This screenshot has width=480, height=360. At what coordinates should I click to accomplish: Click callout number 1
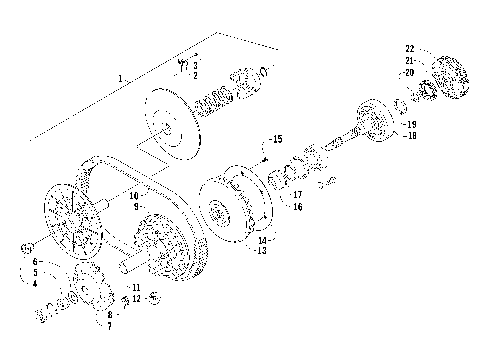click(122, 77)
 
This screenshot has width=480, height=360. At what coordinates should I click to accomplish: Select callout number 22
click(410, 49)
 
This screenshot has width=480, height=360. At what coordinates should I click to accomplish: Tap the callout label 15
click(277, 138)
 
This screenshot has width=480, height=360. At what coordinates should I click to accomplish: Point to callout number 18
click(410, 134)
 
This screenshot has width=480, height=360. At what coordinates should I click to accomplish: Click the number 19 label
click(410, 124)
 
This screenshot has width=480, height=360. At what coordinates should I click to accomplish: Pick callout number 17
click(297, 196)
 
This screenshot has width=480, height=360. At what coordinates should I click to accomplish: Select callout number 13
click(263, 250)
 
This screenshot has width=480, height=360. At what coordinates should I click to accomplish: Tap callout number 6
click(35, 262)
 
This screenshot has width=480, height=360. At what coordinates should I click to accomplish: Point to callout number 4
click(35, 283)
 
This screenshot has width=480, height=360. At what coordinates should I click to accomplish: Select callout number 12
click(136, 299)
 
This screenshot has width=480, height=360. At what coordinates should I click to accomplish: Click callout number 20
click(410, 72)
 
